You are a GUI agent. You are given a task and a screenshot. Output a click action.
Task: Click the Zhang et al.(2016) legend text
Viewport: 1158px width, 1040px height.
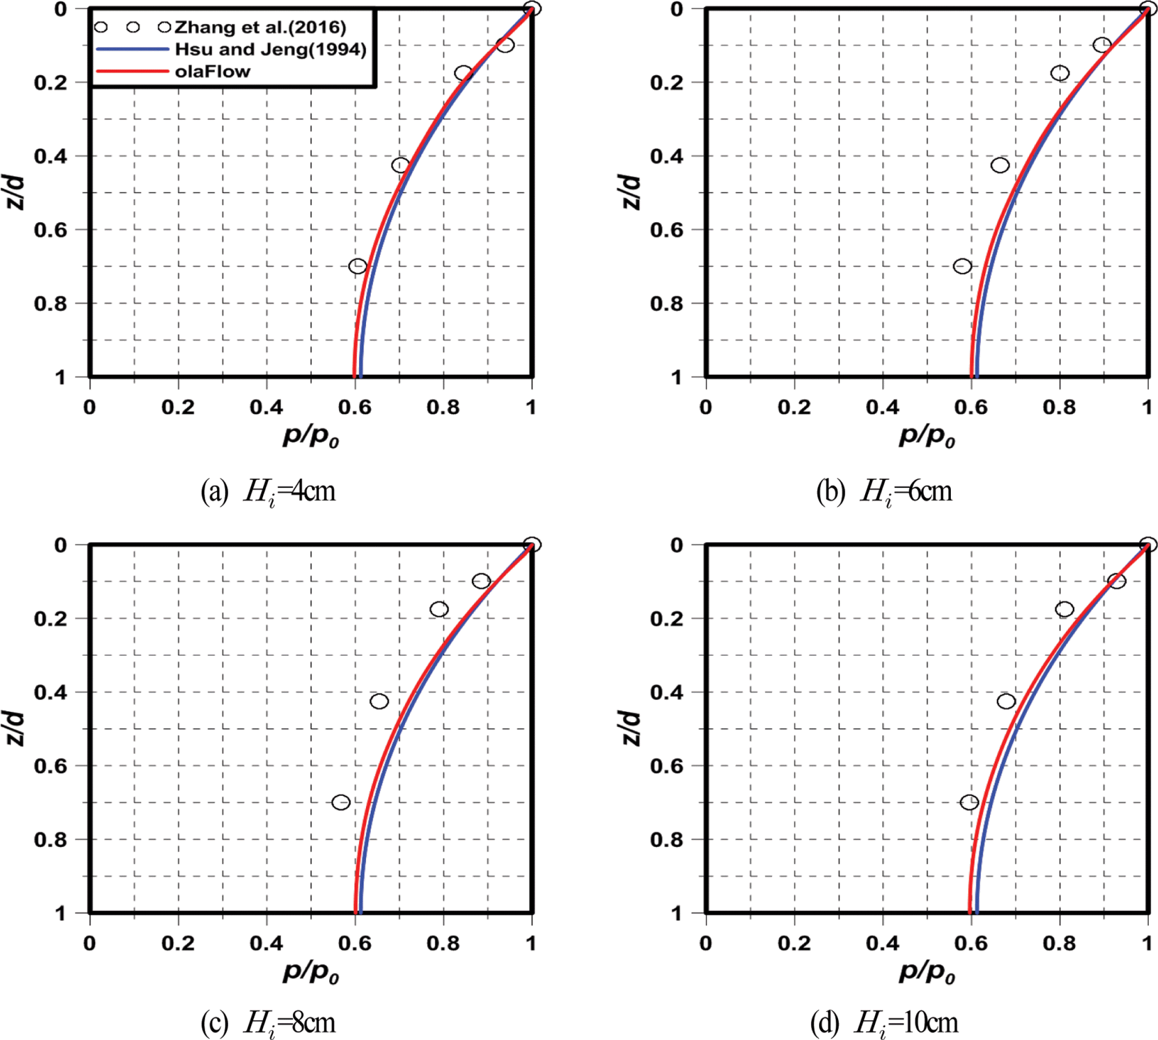click(260, 27)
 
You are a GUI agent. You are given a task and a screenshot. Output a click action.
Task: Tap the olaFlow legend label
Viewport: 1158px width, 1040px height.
click(213, 71)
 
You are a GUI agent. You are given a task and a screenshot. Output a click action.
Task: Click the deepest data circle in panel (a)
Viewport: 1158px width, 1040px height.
click(357, 266)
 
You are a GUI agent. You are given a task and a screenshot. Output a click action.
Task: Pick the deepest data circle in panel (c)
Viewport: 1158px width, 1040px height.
click(340, 803)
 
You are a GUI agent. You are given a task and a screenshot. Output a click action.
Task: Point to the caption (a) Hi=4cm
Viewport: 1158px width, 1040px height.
click(268, 492)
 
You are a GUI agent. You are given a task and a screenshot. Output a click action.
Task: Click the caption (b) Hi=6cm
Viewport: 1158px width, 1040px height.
click(884, 492)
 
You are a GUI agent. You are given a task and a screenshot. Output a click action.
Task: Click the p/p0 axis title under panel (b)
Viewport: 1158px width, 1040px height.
click(926, 437)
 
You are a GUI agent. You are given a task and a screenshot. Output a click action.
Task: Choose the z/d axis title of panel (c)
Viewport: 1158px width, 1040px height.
click(16, 729)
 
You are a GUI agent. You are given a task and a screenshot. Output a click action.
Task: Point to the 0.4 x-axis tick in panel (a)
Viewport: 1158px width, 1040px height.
click(266, 407)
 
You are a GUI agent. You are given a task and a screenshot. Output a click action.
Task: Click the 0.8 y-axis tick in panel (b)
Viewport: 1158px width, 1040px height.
click(667, 304)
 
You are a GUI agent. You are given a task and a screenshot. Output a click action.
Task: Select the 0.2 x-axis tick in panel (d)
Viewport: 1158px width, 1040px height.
click(794, 944)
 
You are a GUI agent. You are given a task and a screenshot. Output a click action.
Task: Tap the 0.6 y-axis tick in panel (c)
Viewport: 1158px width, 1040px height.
click(50, 766)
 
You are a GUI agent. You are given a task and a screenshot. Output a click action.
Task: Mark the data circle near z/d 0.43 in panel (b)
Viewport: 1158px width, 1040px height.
click(1000, 165)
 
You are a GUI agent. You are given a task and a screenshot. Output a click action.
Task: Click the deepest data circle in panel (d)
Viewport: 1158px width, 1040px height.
click(969, 803)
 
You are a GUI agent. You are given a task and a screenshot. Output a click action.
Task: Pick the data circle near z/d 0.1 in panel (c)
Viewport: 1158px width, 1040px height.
click(481, 581)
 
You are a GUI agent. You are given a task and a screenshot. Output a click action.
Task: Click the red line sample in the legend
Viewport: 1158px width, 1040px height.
click(133, 71)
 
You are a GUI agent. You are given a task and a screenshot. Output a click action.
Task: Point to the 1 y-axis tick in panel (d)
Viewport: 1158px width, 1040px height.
click(677, 913)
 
